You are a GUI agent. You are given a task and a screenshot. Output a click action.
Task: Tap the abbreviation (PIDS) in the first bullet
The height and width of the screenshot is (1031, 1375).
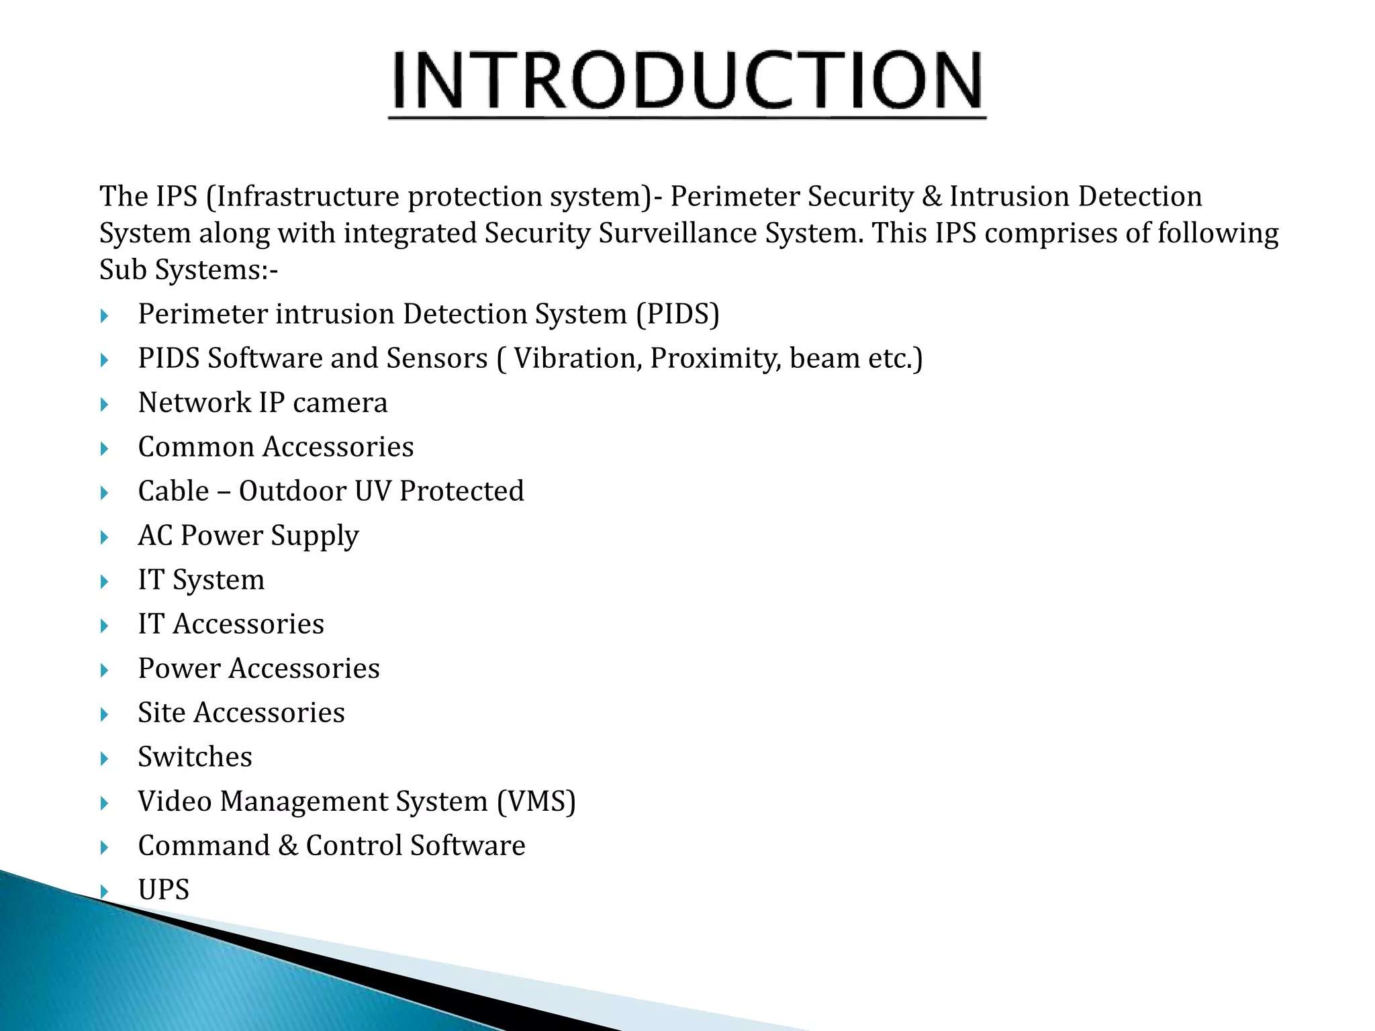click(x=677, y=314)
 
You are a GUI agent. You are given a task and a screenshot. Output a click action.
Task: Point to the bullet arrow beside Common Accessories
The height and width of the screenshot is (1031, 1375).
click(x=104, y=448)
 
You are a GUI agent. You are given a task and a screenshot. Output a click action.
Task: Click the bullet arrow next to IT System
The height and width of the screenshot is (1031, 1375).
click(x=104, y=581)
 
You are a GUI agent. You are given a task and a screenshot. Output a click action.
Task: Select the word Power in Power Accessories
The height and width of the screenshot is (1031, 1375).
click(x=179, y=669)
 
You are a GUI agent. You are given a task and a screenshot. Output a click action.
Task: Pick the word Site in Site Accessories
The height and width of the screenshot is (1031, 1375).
click(x=161, y=713)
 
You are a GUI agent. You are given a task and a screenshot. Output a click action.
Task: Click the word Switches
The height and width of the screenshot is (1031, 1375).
click(x=195, y=757)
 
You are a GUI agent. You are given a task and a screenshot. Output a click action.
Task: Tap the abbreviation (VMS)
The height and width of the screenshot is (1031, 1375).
click(x=536, y=801)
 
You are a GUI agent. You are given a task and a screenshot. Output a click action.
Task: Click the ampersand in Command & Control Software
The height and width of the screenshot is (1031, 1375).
click(x=287, y=846)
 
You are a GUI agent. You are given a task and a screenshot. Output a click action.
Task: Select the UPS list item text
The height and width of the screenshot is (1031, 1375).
click(x=163, y=890)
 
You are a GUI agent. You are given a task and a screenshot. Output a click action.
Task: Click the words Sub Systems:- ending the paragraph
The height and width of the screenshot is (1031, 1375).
click(x=188, y=270)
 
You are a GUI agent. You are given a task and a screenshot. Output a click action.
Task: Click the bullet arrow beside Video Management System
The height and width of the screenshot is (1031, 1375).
click(x=104, y=803)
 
